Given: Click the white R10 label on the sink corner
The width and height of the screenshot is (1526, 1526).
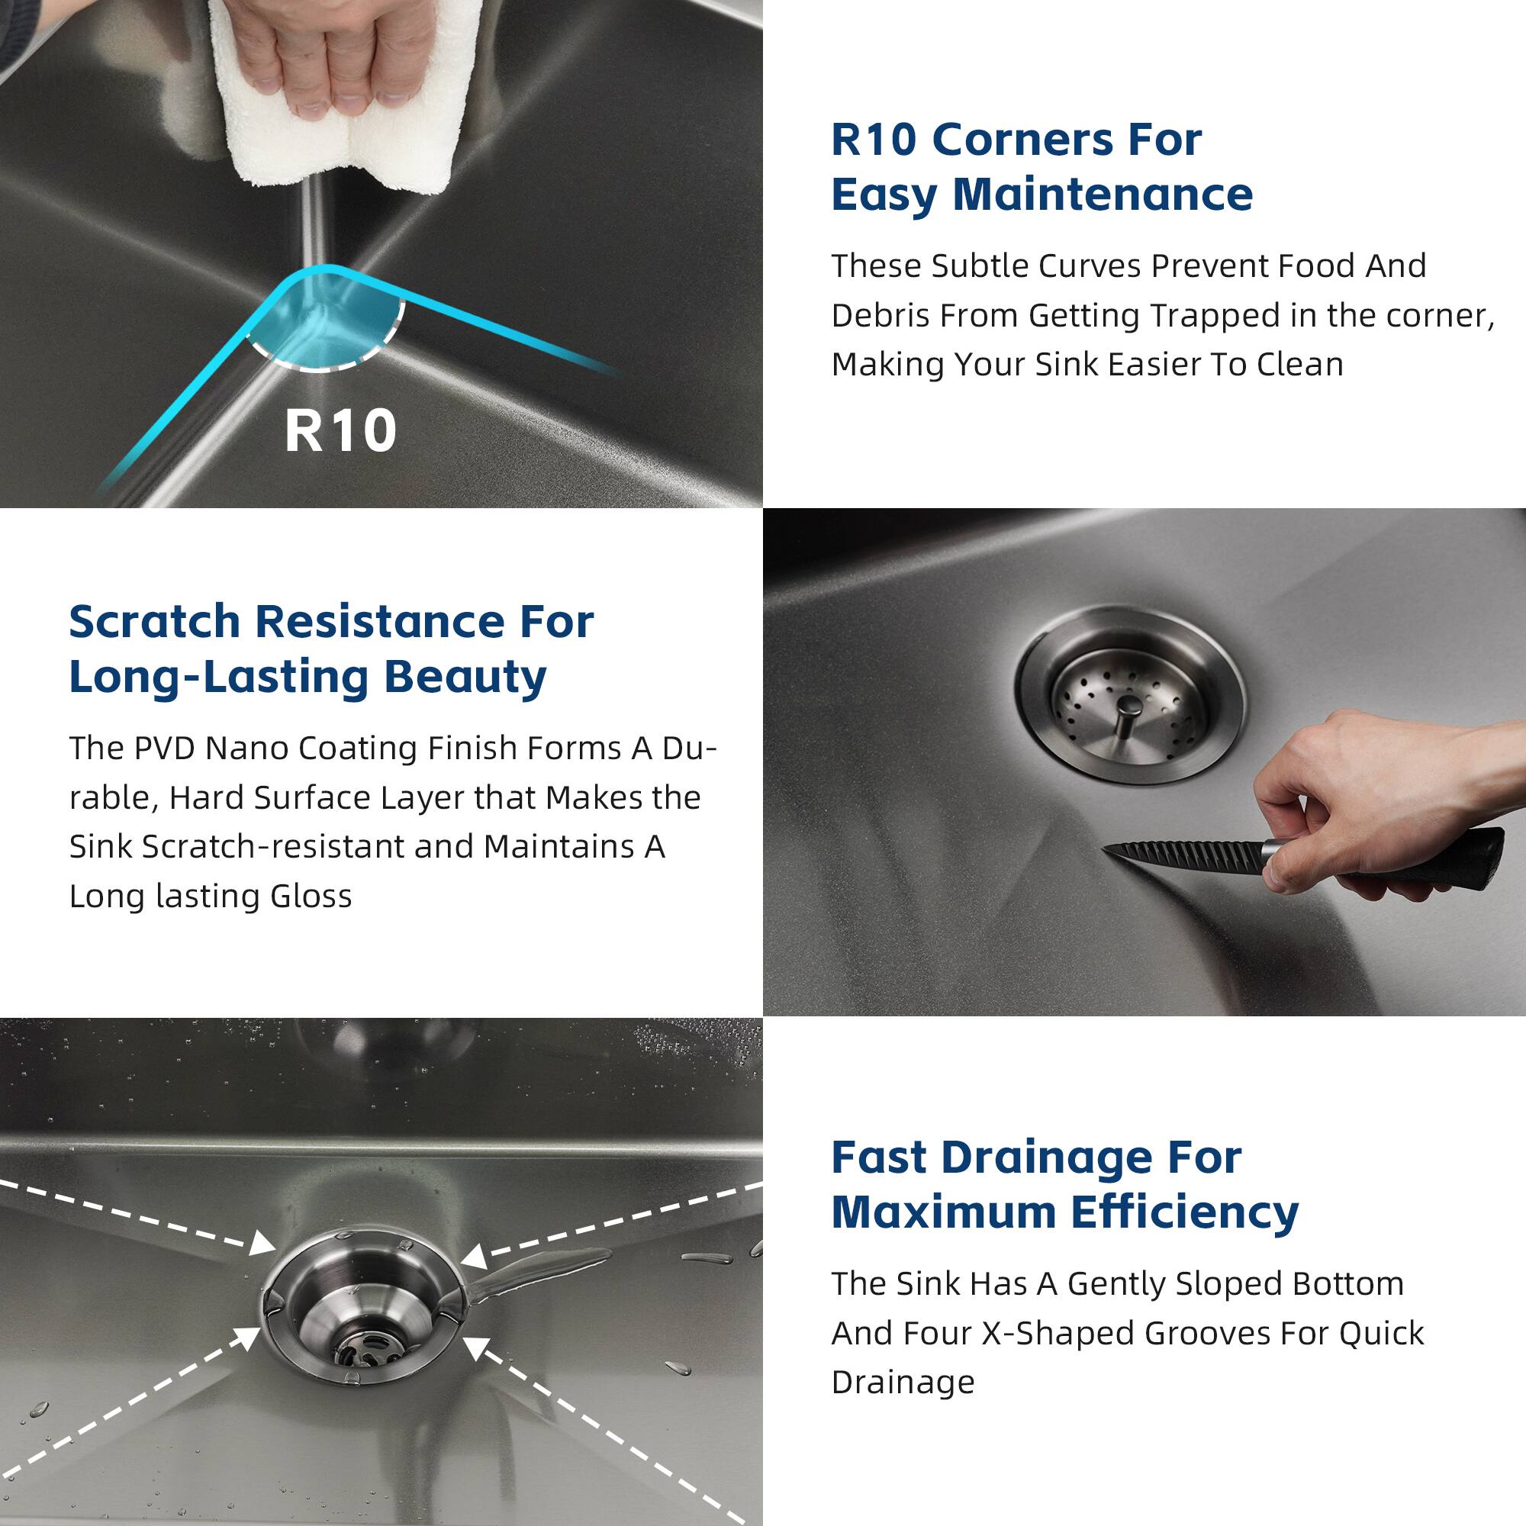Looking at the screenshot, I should [x=340, y=431].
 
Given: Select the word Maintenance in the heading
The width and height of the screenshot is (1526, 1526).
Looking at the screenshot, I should [x=1102, y=195].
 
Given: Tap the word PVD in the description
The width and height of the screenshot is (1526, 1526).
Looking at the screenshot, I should [x=163, y=748].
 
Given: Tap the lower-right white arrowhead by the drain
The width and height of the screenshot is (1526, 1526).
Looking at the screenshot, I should [x=475, y=1351].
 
